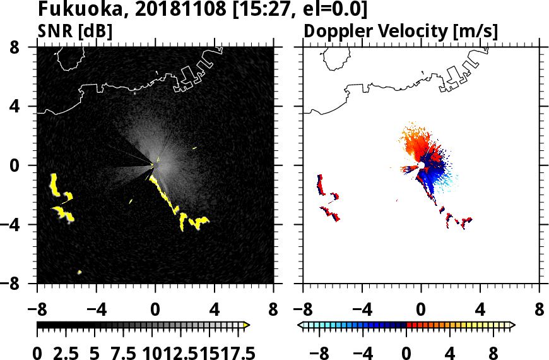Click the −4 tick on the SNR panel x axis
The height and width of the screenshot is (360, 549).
coord(96,310)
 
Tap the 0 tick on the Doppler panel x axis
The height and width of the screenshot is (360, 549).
coord(421,310)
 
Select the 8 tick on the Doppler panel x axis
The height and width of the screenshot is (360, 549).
coord(540,310)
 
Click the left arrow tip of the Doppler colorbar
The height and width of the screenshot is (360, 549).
coord(300,325)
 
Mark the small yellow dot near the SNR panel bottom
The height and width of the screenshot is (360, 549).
coord(80,272)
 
